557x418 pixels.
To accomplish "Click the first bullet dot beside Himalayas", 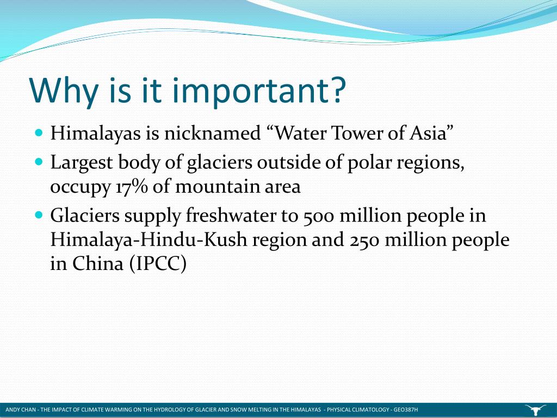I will point(39,132).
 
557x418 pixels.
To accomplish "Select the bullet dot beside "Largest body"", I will point(39,162).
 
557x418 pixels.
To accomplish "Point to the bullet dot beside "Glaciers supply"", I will point(39,215).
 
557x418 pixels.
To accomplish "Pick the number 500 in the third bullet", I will point(316,216).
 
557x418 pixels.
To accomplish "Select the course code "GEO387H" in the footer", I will point(405,410).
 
